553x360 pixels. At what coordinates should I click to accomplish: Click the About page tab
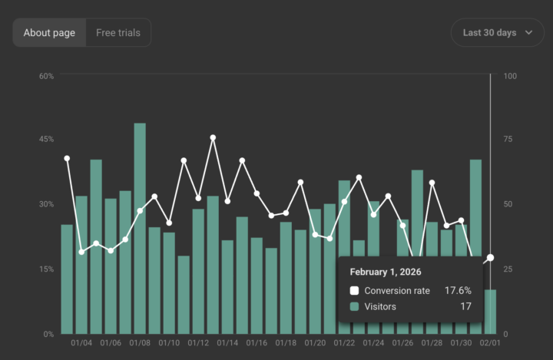pyautogui.click(x=49, y=33)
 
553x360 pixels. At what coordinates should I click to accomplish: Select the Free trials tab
pyautogui.click(x=118, y=33)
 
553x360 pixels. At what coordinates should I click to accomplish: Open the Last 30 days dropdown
pyautogui.click(x=497, y=33)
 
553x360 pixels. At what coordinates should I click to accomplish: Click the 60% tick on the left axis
pyautogui.click(x=46, y=76)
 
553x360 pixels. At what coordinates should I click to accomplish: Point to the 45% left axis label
pyautogui.click(x=46, y=139)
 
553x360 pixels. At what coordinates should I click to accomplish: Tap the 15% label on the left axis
pyautogui.click(x=46, y=269)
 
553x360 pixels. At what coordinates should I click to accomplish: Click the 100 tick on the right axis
pyautogui.click(x=510, y=76)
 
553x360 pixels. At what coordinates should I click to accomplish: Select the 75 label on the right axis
pyautogui.click(x=508, y=139)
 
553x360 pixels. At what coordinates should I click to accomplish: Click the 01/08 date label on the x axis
pyautogui.click(x=140, y=343)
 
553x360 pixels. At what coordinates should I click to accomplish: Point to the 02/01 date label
pyautogui.click(x=490, y=343)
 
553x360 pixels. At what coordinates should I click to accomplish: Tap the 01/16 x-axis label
pyautogui.click(x=257, y=343)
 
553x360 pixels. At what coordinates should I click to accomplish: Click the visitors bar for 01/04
pyautogui.click(x=81, y=265)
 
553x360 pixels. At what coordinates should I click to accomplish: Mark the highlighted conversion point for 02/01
pyautogui.click(x=490, y=258)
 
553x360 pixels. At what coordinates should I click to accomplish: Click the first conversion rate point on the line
pyautogui.click(x=67, y=158)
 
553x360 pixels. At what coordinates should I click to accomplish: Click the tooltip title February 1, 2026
pyautogui.click(x=386, y=272)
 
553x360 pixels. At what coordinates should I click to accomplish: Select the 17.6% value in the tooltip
pyautogui.click(x=457, y=291)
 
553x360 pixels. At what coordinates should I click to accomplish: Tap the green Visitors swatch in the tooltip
pyautogui.click(x=354, y=306)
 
